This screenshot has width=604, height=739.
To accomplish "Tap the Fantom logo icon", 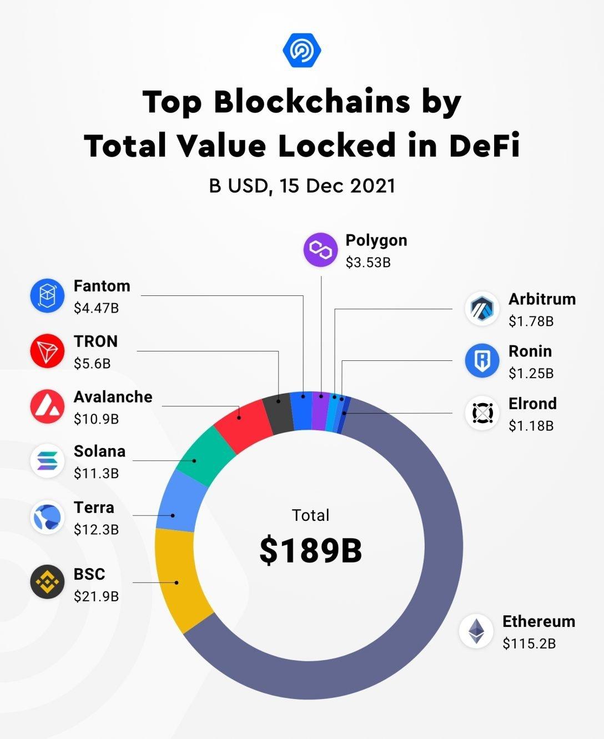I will [47, 296].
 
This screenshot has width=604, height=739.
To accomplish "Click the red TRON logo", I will [47, 351].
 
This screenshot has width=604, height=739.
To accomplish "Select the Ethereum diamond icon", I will [476, 631].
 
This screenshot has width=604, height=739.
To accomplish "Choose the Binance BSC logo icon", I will [47, 582].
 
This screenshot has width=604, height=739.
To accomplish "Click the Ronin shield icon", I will [482, 361].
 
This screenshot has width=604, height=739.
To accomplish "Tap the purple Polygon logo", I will [320, 250].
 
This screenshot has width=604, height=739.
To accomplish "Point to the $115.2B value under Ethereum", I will [529, 644].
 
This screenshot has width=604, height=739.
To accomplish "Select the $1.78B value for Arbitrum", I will [531, 321].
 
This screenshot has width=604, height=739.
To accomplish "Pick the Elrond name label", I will [532, 404].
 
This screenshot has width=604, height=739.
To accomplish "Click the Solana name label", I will [99, 451].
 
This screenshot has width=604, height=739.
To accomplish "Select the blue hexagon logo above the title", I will [301, 51].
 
